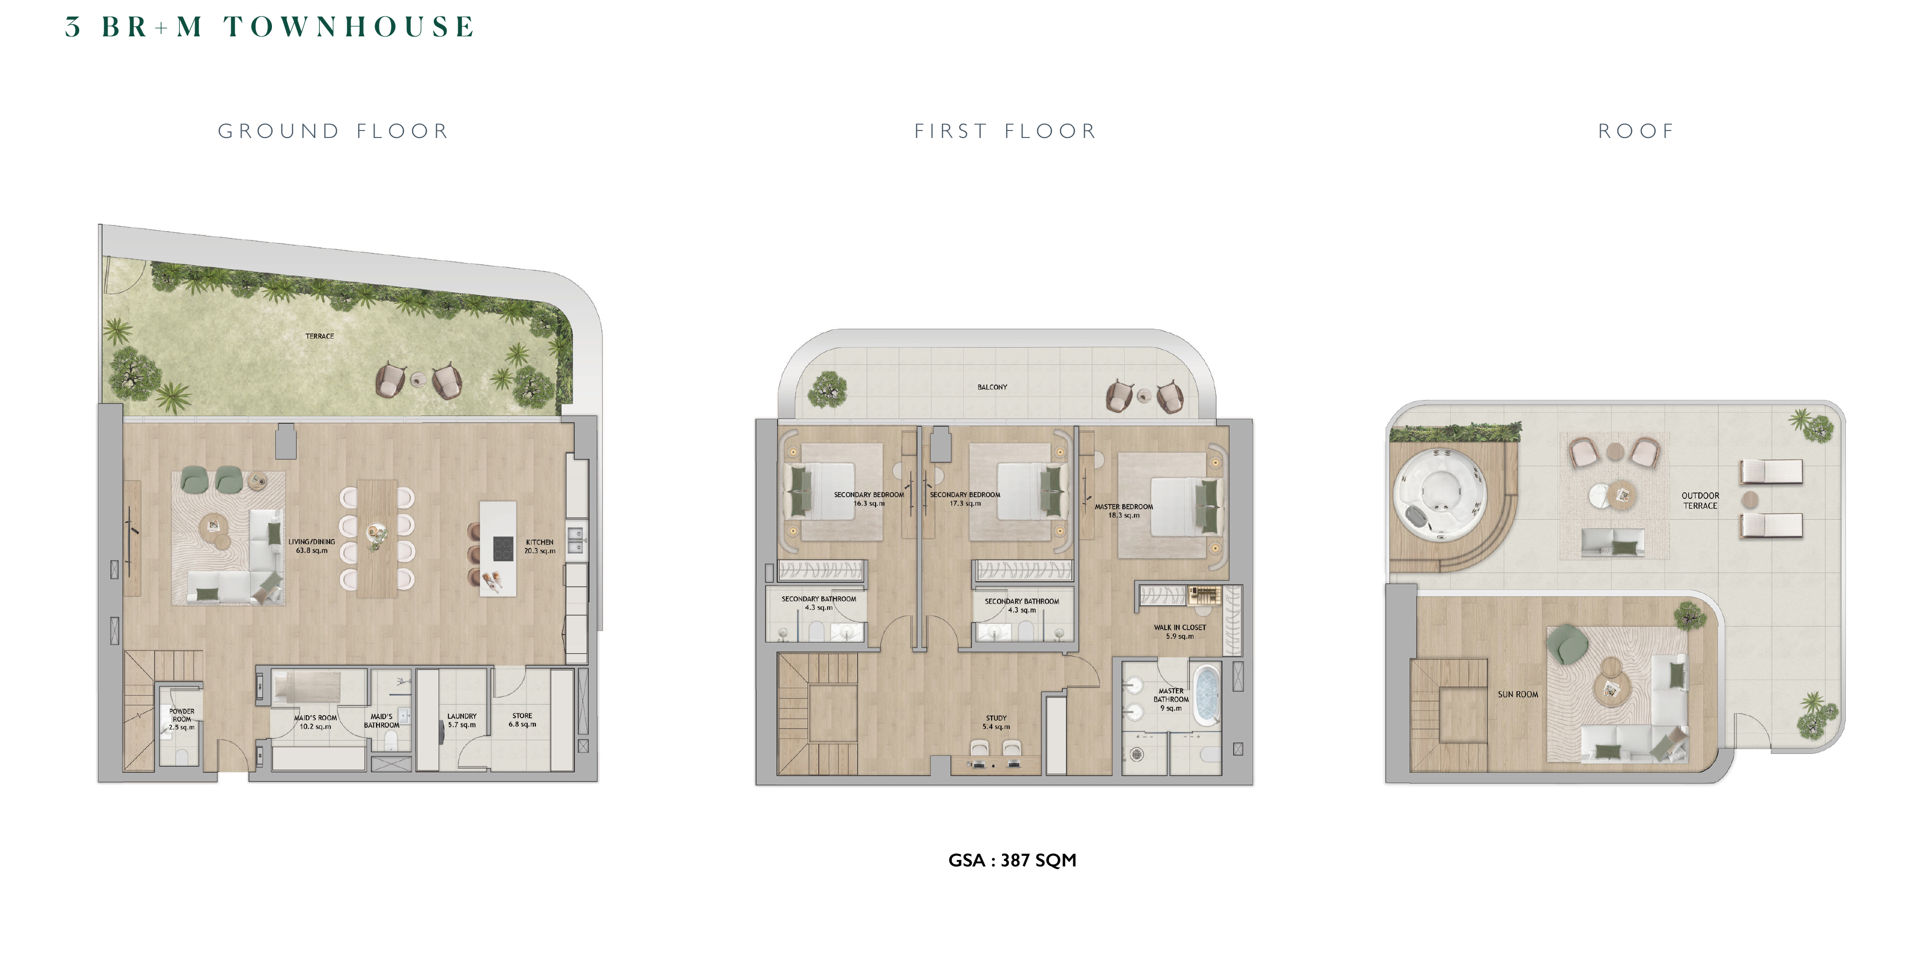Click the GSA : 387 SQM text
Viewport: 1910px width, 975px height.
(x=1012, y=860)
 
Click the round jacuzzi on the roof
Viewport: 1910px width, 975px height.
(x=1440, y=494)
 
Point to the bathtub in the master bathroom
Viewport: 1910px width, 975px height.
(x=1206, y=695)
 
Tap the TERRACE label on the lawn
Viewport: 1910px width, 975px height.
(x=320, y=337)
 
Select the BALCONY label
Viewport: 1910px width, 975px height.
(x=992, y=387)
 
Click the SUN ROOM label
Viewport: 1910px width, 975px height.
(x=1518, y=695)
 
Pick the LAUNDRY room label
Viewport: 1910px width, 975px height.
(x=462, y=721)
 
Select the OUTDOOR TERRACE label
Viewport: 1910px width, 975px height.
(x=1700, y=500)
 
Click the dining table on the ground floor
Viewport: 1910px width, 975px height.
(x=378, y=538)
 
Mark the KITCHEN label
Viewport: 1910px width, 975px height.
(x=540, y=546)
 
